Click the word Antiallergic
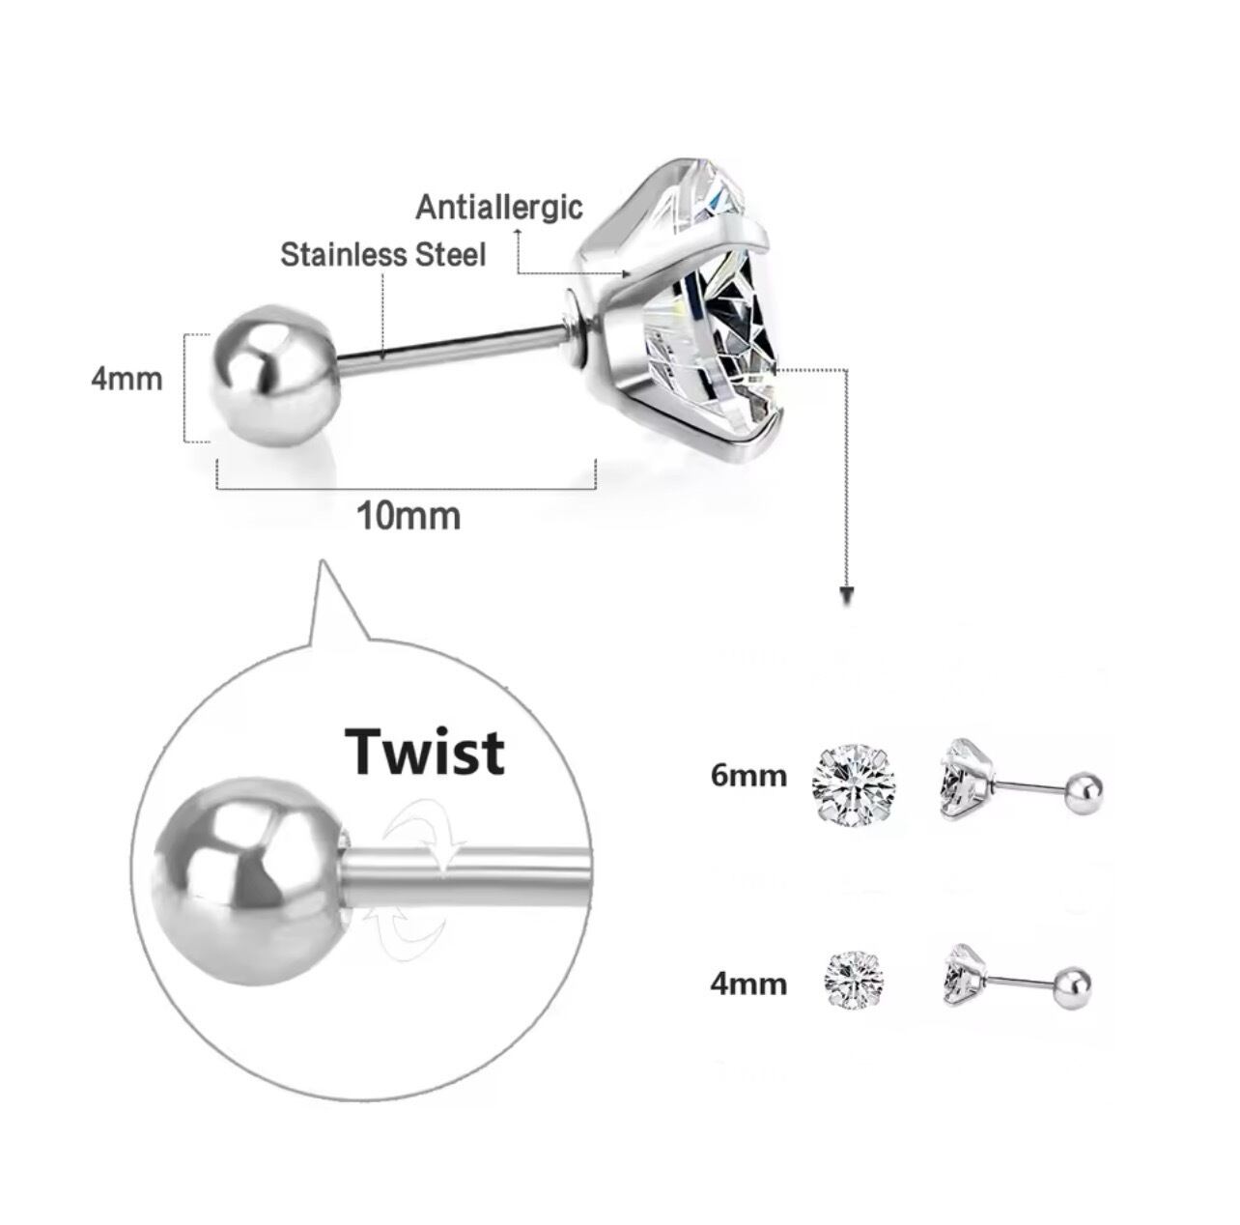499,207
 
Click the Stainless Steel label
382,255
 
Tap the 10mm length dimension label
409,516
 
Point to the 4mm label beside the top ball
127,378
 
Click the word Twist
425,752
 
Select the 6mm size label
748,775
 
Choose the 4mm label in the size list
748,983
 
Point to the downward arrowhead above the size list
847,592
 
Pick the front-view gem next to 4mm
854,981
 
